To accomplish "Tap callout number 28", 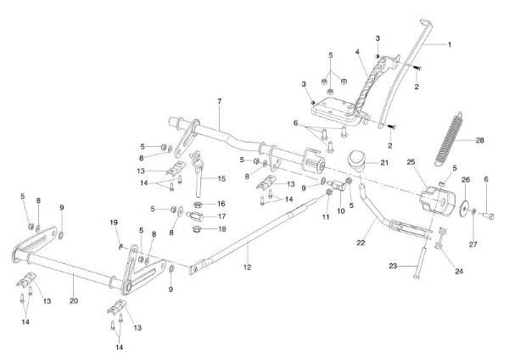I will coord(479,141).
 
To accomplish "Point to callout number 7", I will coord(219,103).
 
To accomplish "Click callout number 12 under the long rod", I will coord(248,267).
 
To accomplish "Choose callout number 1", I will coord(450,43).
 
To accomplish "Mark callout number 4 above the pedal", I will coord(360,52).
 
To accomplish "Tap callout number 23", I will coord(393,267).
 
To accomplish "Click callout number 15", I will coord(223,179).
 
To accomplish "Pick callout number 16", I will coord(221,205).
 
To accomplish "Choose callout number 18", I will coord(221,229).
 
